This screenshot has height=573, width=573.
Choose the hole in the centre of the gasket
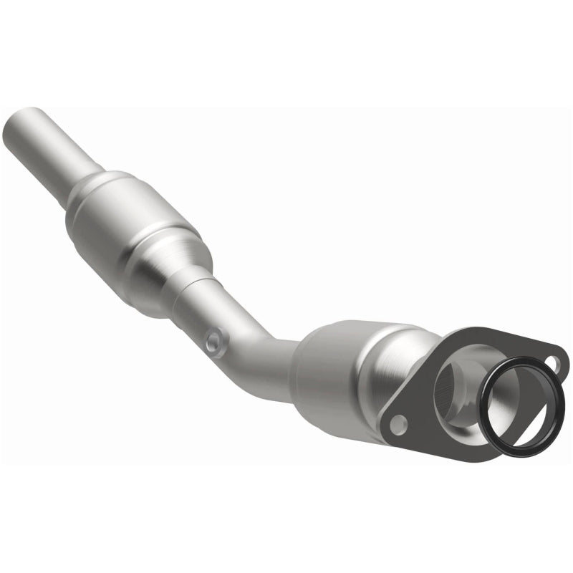point(519,401)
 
